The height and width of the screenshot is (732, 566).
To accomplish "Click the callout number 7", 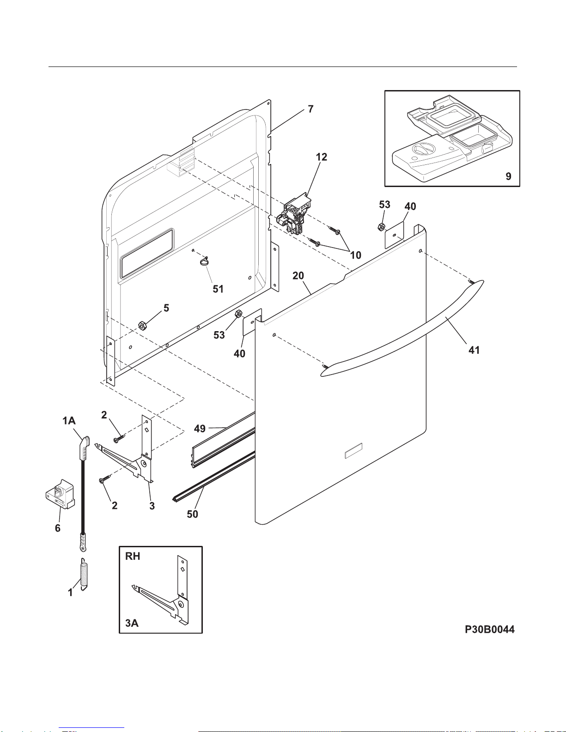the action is click(310, 109).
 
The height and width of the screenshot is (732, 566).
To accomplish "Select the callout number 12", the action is click(322, 157).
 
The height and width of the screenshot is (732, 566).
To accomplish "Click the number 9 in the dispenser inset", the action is click(508, 176).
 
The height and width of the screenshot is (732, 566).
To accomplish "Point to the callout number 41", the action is click(474, 351).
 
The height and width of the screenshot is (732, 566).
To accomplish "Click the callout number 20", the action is click(298, 276).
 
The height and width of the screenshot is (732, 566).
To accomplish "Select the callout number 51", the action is click(218, 289).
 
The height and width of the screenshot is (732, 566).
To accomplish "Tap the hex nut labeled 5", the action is click(142, 326).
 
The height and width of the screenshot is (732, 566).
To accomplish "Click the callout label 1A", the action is click(69, 421).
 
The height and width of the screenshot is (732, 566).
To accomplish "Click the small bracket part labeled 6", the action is click(60, 494).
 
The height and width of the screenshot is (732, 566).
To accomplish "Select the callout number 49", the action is click(200, 429).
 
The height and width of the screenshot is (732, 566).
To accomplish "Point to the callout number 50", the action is click(192, 514).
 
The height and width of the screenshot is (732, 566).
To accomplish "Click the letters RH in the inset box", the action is click(133, 556).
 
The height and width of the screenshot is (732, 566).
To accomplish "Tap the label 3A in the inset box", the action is click(132, 623).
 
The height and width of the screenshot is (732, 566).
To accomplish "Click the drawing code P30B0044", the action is click(489, 629).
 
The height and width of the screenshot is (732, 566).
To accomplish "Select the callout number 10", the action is click(355, 255).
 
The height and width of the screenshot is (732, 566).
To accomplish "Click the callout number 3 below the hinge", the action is click(152, 506).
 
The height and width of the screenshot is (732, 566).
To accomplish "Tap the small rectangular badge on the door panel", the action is click(353, 451).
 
